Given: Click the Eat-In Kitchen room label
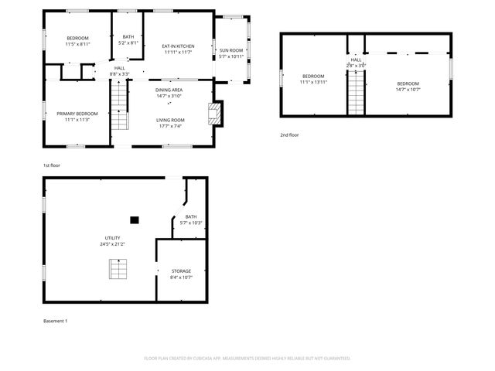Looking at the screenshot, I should (x=178, y=46).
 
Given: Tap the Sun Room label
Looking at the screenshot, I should (x=230, y=50).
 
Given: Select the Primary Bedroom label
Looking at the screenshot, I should (x=77, y=114).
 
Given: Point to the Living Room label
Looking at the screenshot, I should (x=170, y=120).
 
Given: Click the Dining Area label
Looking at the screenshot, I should (x=169, y=90).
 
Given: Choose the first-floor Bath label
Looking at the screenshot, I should (x=128, y=37).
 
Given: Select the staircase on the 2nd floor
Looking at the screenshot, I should (x=355, y=93).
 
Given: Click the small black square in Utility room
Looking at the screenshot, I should (x=134, y=220).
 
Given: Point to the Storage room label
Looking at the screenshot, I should (x=181, y=271).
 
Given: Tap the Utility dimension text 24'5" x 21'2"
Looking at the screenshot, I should (x=112, y=244).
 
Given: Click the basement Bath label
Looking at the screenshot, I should (x=191, y=217).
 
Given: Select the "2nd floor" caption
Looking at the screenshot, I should (x=289, y=135).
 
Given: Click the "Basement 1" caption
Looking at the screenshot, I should (x=55, y=321).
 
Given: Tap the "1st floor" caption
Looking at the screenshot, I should (x=51, y=165).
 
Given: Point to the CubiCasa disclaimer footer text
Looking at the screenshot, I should (x=247, y=359).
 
